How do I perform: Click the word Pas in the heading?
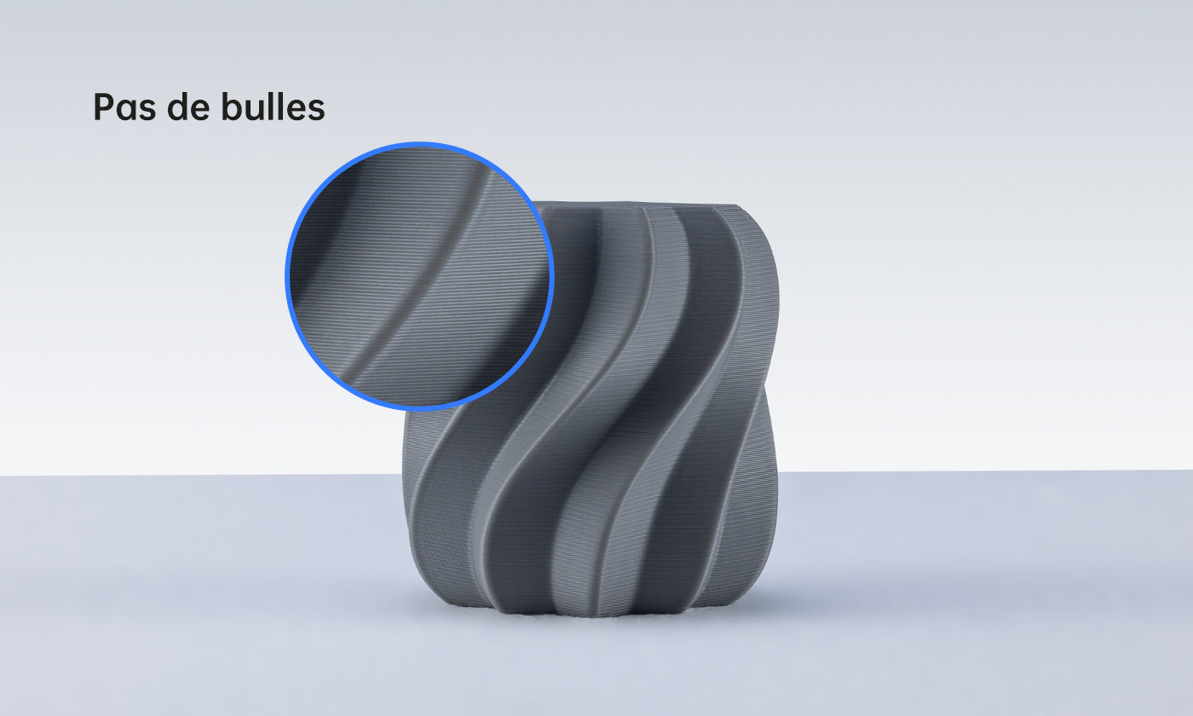pyautogui.click(x=122, y=108)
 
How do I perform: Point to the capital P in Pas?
pyautogui.click(x=103, y=108)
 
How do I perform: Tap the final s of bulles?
pyautogui.click(x=316, y=110)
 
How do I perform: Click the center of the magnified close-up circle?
pyautogui.click(x=419, y=277)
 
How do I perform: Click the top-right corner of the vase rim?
pyautogui.click(x=737, y=206)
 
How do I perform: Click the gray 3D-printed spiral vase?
pyautogui.click(x=614, y=426)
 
